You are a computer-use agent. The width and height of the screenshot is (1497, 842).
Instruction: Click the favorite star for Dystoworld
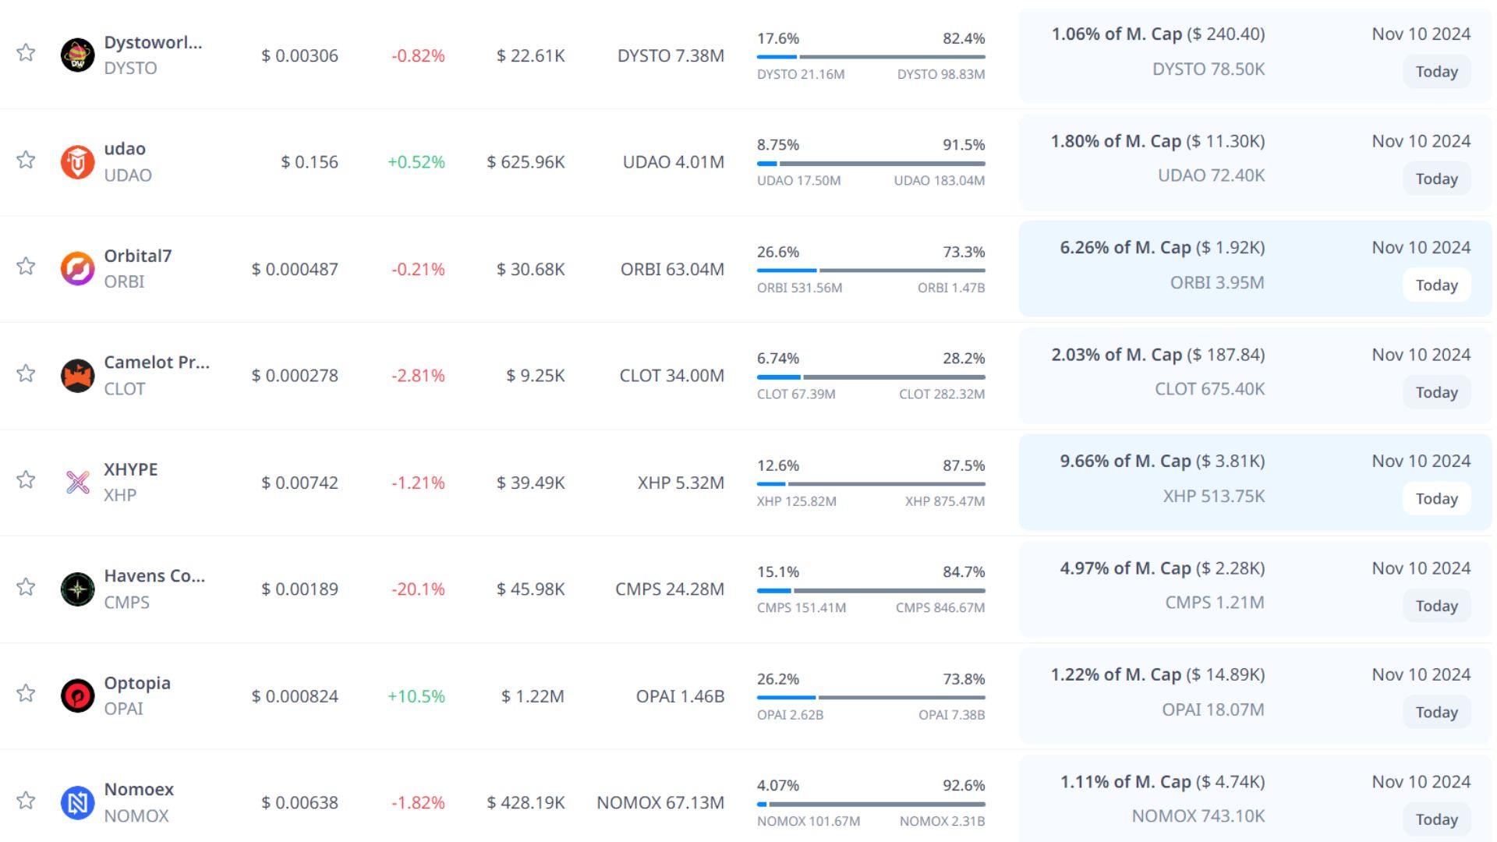26,53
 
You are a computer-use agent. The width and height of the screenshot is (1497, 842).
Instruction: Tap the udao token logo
77,162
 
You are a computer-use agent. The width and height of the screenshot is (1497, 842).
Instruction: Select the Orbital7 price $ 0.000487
295,270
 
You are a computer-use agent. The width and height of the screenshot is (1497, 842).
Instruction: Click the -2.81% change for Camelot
418,376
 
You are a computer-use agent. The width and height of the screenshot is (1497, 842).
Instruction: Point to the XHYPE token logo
77,483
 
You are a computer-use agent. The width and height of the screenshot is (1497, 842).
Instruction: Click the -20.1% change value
418,589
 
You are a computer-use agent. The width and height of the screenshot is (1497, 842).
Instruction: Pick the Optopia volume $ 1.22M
533,696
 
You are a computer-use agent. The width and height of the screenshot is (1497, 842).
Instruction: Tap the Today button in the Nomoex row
1436,819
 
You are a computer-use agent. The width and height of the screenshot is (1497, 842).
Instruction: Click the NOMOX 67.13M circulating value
660,803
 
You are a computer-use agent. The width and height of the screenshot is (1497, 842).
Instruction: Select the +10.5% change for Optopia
416,696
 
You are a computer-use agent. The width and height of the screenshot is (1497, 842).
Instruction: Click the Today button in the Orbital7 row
1436,285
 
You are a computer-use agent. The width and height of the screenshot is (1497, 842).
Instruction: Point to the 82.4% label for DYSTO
964,39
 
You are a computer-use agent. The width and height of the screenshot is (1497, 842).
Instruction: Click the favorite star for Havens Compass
26,587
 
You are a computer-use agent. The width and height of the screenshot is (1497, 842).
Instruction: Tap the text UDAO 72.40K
1211,175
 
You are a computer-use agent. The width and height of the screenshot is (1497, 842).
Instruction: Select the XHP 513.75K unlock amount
1213,497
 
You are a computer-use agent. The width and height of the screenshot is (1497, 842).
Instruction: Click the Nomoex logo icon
77,803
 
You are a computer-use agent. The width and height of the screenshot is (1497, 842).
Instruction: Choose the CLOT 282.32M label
941,394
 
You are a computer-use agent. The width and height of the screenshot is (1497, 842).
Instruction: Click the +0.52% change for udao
416,162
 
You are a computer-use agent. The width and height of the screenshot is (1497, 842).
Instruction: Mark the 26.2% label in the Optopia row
778,679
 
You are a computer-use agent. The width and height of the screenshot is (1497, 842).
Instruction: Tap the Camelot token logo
77,376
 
